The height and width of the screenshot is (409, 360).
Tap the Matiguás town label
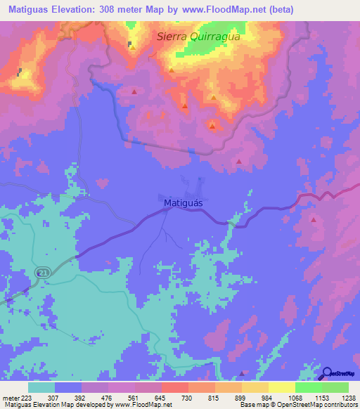[x=183, y=203]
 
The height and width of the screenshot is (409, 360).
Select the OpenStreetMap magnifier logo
[x=326, y=374]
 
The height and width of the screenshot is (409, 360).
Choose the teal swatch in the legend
[x=41, y=387]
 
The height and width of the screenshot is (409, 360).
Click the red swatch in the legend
[x=175, y=387]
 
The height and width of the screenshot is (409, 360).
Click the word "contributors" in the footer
[x=339, y=405]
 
